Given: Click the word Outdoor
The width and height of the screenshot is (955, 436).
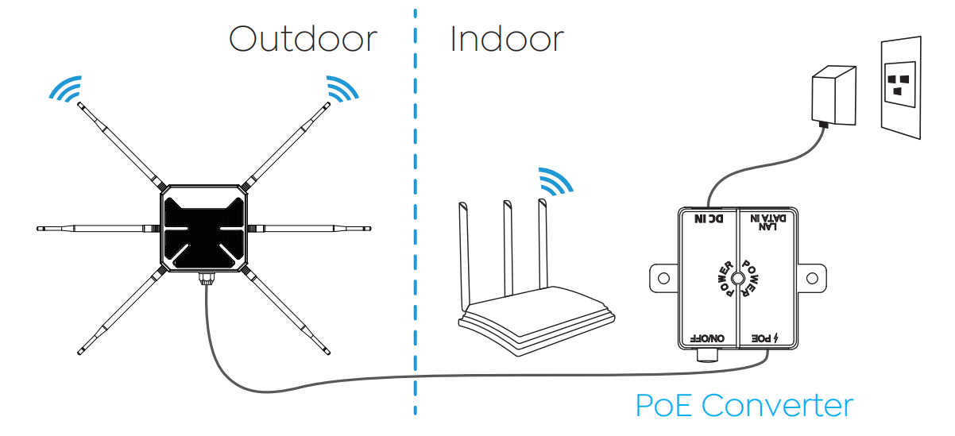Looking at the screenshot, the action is click(x=303, y=39).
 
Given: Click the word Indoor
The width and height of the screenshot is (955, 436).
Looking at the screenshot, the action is click(x=507, y=39).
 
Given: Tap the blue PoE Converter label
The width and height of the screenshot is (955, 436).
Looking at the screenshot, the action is click(x=744, y=405).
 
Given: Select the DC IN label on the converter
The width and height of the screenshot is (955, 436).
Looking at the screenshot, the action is click(x=709, y=219).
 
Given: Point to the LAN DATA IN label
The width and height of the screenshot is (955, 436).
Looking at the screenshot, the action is click(x=767, y=222).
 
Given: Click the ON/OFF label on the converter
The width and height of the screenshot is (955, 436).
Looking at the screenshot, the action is click(x=707, y=338).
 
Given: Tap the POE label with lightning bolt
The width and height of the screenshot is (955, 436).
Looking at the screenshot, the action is click(x=764, y=338).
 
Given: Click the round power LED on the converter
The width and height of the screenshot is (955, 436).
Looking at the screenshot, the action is click(x=737, y=279).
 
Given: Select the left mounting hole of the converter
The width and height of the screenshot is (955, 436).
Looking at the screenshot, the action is click(x=663, y=278).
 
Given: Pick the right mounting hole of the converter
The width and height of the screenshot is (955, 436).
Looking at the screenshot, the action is click(x=812, y=278).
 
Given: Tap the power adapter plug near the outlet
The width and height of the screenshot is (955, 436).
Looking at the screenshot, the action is click(x=834, y=95).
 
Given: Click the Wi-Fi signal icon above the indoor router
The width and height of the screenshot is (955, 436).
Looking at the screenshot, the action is click(x=555, y=181).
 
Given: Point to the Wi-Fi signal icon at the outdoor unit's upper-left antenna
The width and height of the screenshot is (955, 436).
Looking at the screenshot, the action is click(x=66, y=89).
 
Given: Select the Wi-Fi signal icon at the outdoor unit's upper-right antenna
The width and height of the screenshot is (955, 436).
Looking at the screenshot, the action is click(x=342, y=89).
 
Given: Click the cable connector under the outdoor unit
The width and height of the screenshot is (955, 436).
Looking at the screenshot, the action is click(x=207, y=279).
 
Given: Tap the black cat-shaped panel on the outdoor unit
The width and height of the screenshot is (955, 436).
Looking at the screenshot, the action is click(x=204, y=233).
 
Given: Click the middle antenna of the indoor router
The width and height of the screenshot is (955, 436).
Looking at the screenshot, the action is click(x=508, y=248).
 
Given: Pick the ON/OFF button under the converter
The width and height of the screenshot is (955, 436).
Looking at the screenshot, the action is click(x=708, y=356).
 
